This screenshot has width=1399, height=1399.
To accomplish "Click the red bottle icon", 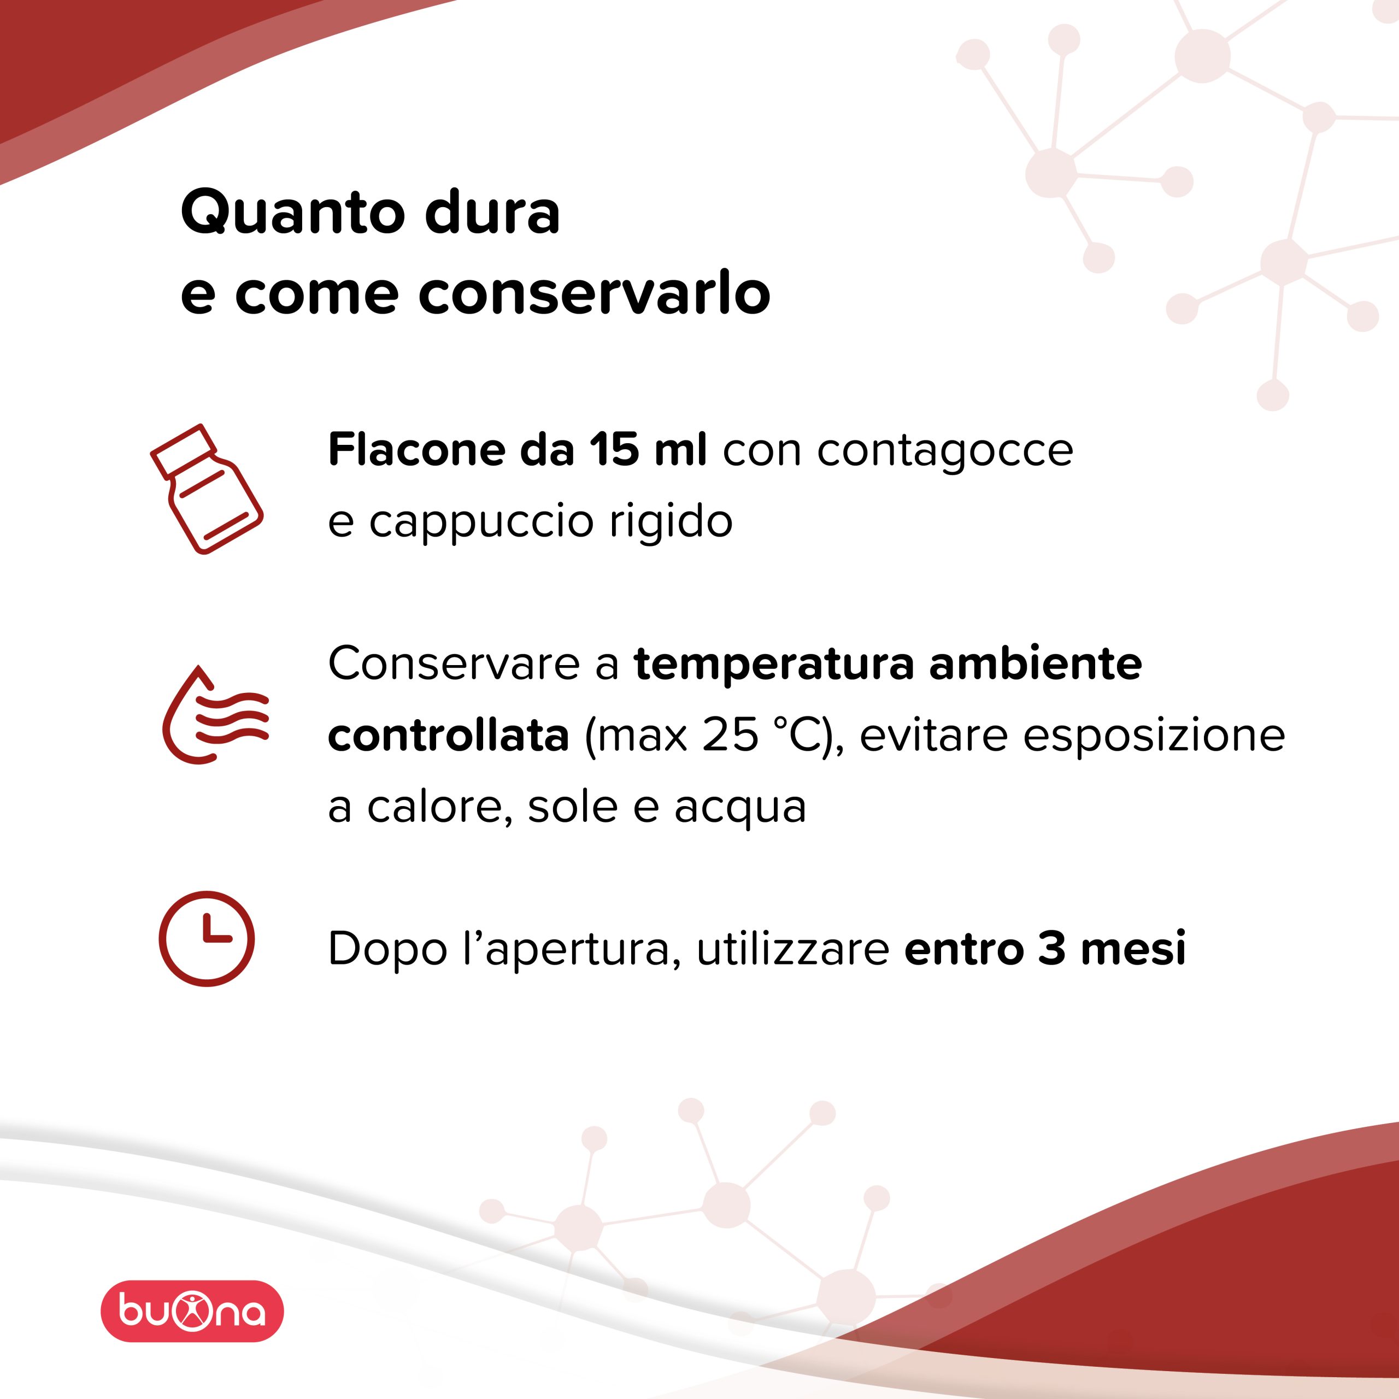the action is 207,489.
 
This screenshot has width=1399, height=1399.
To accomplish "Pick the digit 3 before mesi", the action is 1051,949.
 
